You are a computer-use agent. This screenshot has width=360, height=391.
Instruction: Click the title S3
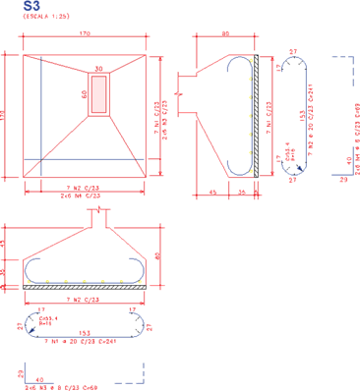click(x=14, y=7)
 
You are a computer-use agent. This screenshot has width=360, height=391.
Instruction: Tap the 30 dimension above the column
click(x=98, y=69)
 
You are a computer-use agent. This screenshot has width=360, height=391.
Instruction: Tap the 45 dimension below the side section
click(x=213, y=193)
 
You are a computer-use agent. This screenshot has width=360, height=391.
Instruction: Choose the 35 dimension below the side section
click(x=243, y=193)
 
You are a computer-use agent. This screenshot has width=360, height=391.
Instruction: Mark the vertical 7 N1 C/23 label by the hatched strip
click(x=269, y=116)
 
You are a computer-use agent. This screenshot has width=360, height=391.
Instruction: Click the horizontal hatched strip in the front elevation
click(x=86, y=287)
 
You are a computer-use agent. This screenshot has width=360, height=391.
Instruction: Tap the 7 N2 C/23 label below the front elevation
click(x=86, y=298)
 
